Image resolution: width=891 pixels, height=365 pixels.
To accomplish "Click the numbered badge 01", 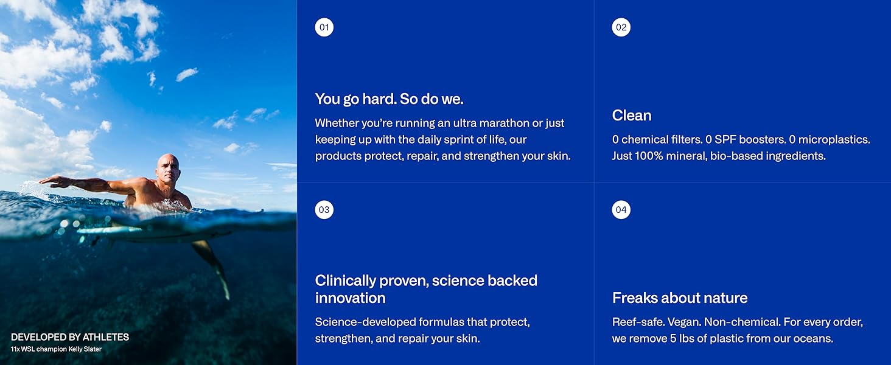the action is coord(324,27).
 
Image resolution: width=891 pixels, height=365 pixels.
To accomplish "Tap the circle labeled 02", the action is coord(621,27).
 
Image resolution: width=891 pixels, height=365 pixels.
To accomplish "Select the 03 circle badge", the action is coord(324,210).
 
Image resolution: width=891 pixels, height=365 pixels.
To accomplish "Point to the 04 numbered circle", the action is coord(621,210).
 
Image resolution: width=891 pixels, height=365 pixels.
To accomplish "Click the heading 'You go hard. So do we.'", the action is coord(389,99).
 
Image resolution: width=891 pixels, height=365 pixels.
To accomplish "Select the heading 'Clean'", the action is coord(632,116).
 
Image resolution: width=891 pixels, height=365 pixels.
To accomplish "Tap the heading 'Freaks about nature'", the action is coord(680,298).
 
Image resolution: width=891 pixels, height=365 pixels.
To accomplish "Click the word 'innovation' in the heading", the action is coord(351,298).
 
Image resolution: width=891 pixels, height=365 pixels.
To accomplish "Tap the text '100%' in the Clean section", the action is coord(649,156).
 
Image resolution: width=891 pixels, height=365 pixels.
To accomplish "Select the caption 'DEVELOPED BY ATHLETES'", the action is coord(70,337).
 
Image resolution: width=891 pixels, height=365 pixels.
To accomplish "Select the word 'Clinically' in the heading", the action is coord(345,281).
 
